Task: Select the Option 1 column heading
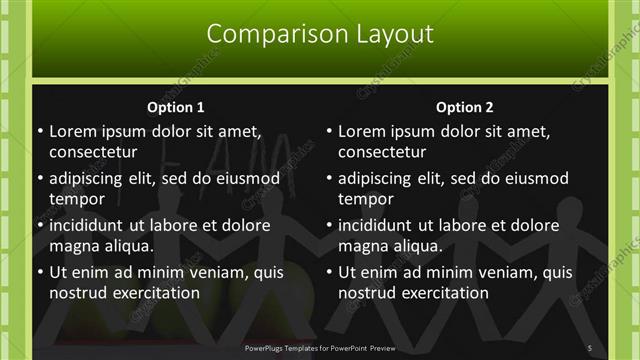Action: (x=175, y=108)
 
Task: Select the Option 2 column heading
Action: (x=464, y=108)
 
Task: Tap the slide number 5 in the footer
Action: (x=590, y=348)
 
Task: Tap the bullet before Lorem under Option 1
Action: (x=38, y=132)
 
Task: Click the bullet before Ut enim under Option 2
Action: (x=328, y=272)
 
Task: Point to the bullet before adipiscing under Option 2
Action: (x=328, y=179)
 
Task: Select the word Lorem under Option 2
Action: (x=361, y=131)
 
